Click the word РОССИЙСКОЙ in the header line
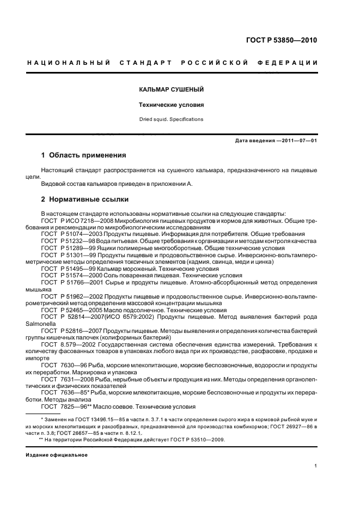point(221,63)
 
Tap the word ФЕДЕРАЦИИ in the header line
point(293,63)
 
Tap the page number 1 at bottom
point(316,466)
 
